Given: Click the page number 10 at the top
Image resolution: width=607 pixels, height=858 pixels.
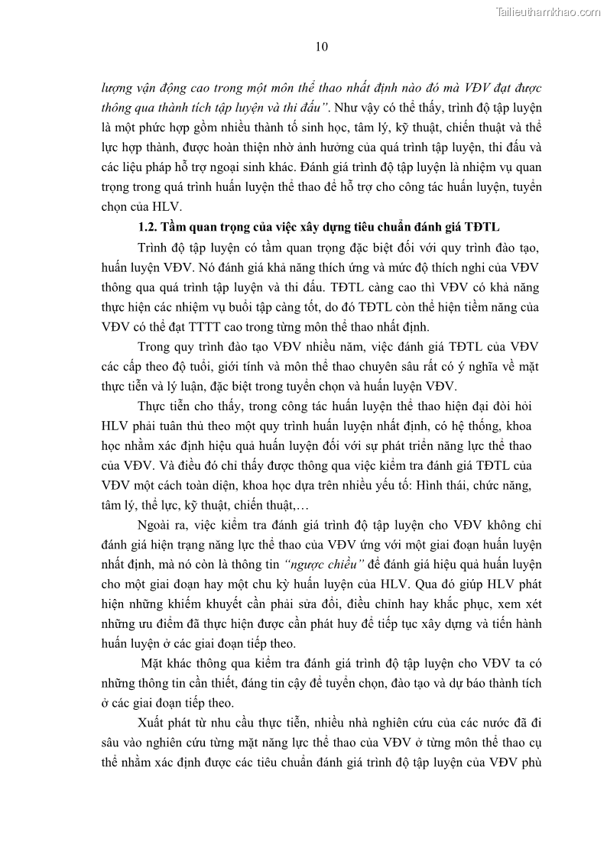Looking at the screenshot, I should click(x=321, y=47).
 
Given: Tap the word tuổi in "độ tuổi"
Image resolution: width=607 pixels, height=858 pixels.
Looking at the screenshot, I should click(x=207, y=367).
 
